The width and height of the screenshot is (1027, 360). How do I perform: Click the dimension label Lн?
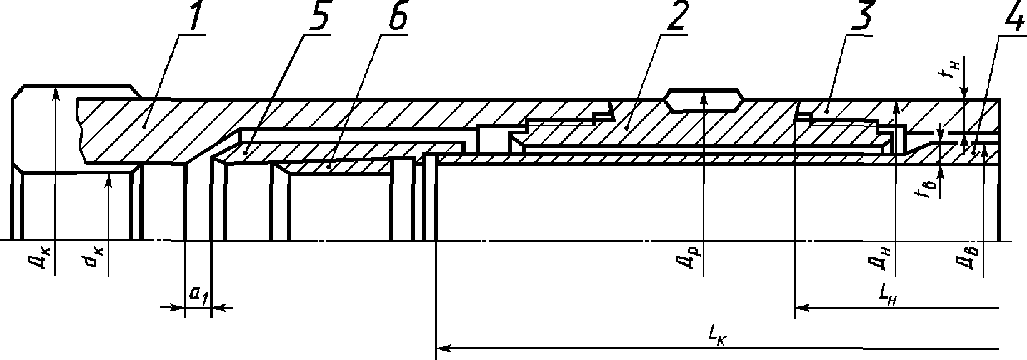point(888,296)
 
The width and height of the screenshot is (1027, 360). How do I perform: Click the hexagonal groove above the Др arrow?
point(704,99)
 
